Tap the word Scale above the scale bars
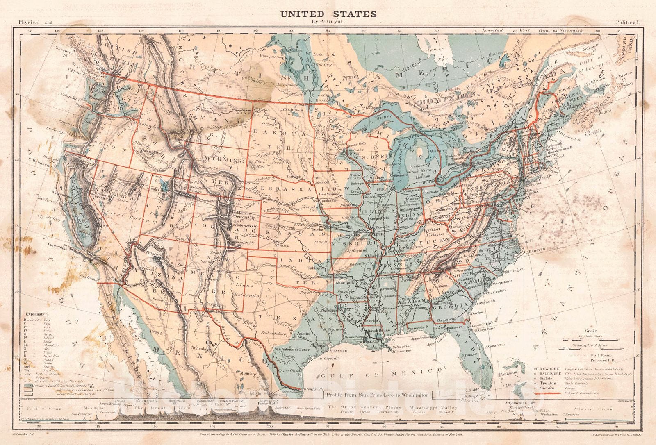tap(591, 331)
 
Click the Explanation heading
tap(36, 318)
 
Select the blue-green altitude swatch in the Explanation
tap(26, 385)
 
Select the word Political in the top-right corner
tap(627, 23)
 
